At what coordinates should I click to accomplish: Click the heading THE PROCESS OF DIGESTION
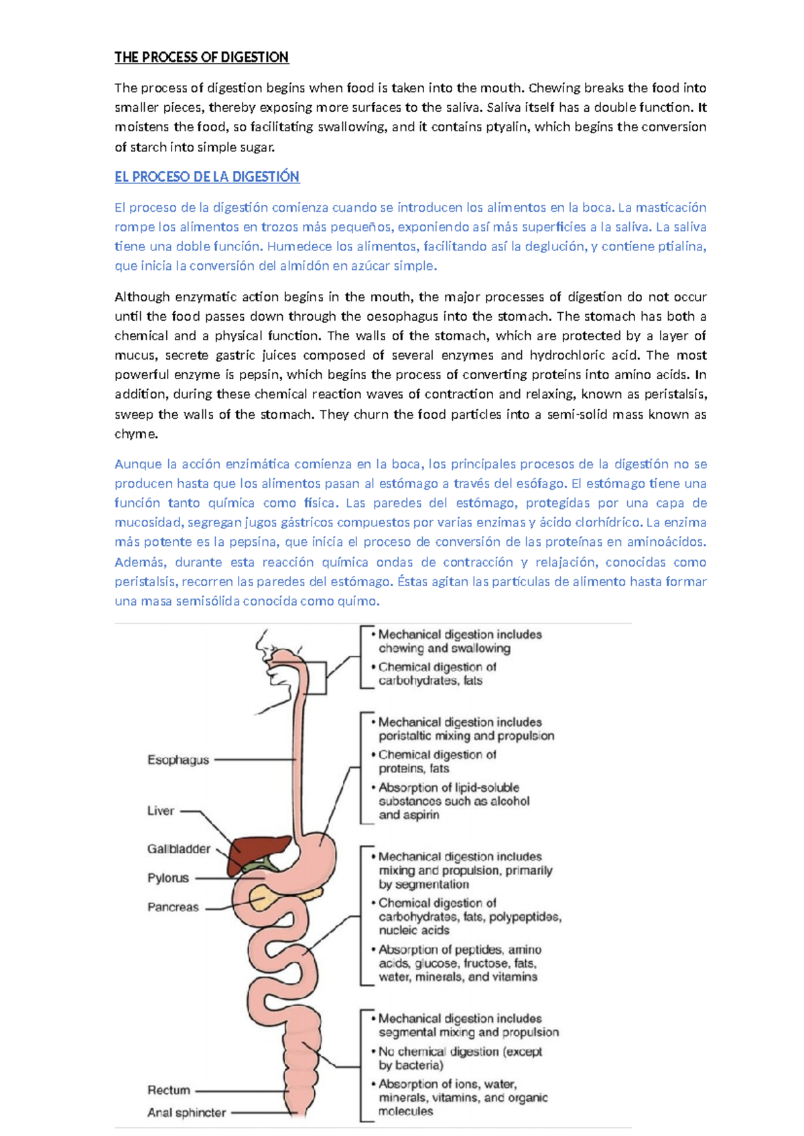coord(201,58)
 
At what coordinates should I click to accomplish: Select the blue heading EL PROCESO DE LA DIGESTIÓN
coord(206,177)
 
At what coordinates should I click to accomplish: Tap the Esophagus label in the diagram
coord(178,760)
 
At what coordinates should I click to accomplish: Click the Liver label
coord(161,810)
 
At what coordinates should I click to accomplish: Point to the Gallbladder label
coord(179,849)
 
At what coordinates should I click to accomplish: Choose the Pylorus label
coord(168,877)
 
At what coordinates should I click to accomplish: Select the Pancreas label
coord(173,907)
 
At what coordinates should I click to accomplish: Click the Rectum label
coord(169,1090)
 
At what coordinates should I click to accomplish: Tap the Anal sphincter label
coord(186,1113)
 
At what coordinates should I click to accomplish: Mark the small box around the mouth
coord(316,677)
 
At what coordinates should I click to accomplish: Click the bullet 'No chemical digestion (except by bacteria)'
coord(460,1058)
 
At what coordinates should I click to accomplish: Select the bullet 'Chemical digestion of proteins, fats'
coord(437,762)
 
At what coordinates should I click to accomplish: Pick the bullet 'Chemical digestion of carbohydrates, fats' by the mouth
coord(437,674)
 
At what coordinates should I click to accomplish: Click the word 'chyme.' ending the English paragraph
coord(136,434)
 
